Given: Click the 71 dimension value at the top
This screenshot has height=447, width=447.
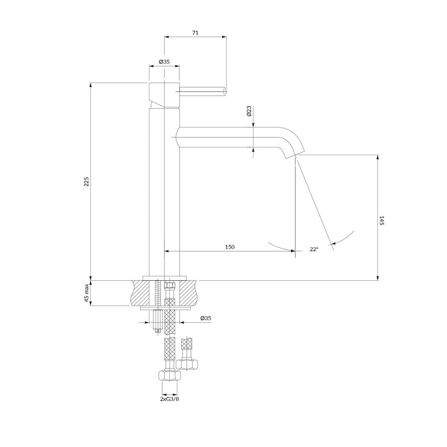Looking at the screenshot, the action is pos(195,33).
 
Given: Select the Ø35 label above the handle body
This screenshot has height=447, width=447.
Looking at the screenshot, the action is pos(164,62).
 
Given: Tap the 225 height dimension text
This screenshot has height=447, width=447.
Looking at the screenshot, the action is pos(86,181).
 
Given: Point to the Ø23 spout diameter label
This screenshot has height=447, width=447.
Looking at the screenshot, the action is pos(249,111).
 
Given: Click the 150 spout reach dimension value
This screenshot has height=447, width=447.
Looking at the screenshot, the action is pos(230,247).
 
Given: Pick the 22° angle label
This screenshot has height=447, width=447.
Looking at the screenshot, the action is pos(314,249).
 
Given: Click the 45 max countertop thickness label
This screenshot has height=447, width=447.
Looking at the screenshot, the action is pos(86,293).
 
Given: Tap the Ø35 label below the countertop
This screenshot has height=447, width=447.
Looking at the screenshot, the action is pos(206,318).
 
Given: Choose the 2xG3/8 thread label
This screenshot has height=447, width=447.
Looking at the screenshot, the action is pos(169,399).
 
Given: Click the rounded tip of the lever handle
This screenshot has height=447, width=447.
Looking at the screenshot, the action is pos(225,91).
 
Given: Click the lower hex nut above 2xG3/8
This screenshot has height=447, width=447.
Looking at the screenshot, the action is pos(169,376).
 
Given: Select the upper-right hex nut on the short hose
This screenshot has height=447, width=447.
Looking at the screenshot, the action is pos(187,364).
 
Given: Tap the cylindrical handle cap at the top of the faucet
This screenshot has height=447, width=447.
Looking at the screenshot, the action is pos(164,95).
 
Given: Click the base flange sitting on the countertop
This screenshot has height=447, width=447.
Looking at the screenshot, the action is pos(164,278).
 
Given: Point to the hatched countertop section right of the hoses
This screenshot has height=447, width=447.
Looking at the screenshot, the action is pos(188,293).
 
